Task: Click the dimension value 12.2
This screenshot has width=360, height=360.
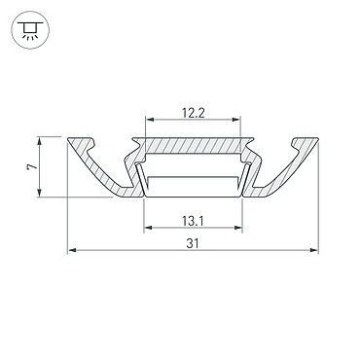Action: pyautogui.click(x=194, y=113)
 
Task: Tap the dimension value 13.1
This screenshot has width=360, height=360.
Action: pyautogui.click(x=193, y=222)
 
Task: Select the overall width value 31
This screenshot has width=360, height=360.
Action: pyautogui.click(x=193, y=243)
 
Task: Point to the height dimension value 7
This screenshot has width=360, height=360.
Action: pyautogui.click(x=32, y=166)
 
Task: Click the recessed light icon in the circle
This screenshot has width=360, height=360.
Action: pyautogui.click(x=30, y=30)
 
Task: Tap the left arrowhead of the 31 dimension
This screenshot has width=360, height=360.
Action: pyautogui.click(x=72, y=250)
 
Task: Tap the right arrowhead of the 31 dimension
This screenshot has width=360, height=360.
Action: pyautogui.click(x=314, y=250)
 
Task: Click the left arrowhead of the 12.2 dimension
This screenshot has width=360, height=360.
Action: pyautogui.click(x=150, y=120)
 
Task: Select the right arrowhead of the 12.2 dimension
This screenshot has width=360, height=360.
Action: pyautogui.click(x=236, y=120)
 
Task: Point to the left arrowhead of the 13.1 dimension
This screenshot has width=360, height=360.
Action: pyautogui.click(x=148, y=228)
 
